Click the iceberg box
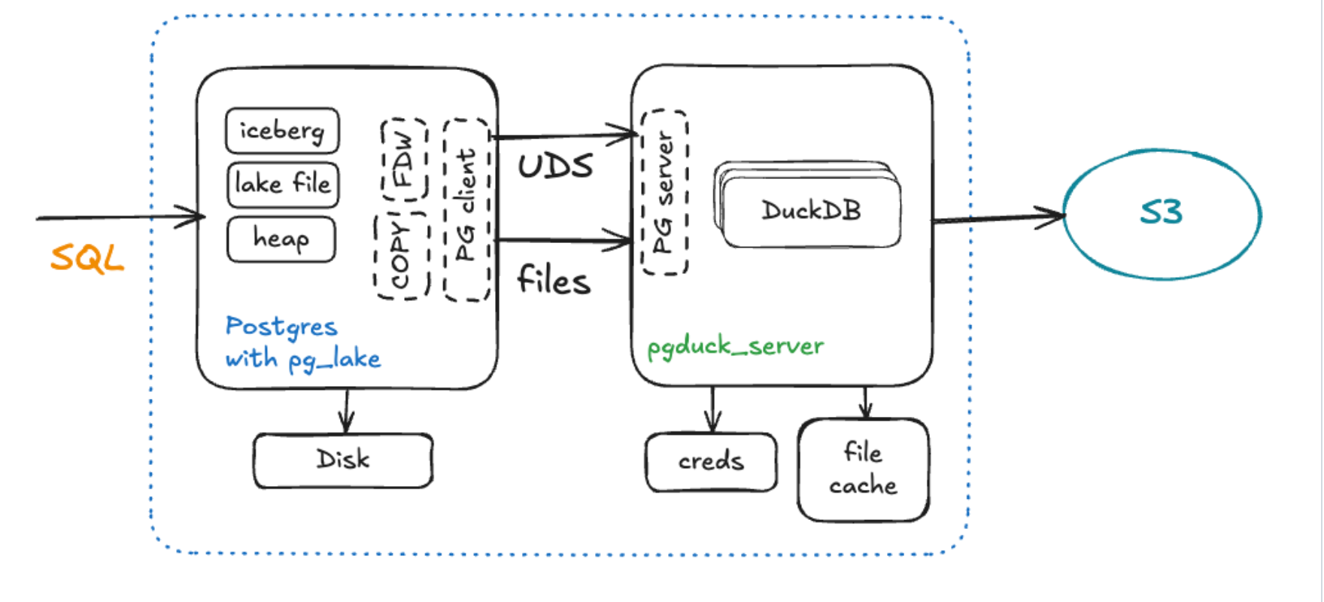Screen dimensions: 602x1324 [282, 131]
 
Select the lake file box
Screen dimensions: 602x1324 [283, 184]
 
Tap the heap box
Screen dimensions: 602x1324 [281, 239]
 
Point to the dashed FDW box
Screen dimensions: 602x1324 [404, 160]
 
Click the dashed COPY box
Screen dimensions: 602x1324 [401, 257]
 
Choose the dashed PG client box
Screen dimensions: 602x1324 [466, 210]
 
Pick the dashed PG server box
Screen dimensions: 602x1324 [664, 193]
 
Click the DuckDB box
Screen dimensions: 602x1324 [811, 211]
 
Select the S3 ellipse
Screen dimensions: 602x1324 [1162, 214]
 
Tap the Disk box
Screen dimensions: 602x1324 [343, 460]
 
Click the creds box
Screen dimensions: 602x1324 [711, 461]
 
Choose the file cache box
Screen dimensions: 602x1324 [863, 470]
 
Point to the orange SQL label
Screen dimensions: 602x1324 [87, 259]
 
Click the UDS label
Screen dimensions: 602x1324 [555, 166]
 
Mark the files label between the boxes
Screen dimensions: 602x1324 [554, 281]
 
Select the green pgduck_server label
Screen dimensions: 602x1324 [735, 346]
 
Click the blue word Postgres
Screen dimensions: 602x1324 [281, 327]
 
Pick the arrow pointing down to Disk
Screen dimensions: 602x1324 [346, 411]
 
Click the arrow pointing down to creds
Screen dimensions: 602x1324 [712, 410]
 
